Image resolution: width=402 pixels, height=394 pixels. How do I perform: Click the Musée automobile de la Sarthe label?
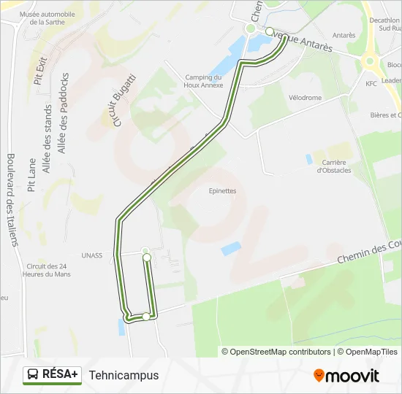tap(47, 18)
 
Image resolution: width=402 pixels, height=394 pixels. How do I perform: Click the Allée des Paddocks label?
tap(63, 112)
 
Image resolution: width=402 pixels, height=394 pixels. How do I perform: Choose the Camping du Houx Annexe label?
tap(203, 81)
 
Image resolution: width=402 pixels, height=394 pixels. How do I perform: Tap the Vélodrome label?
tap(304, 97)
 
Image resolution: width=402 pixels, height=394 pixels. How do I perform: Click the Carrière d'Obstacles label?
tap(333, 166)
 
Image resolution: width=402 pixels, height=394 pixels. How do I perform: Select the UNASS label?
tap(92, 255)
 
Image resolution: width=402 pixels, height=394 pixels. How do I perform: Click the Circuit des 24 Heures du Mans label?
tap(48, 270)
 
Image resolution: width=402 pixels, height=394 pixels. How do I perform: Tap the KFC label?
tap(371, 84)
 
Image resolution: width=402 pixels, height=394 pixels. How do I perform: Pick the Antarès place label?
tap(344, 35)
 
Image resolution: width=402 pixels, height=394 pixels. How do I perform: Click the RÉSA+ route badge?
tap(52, 375)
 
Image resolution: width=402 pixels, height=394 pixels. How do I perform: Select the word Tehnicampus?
tap(124, 376)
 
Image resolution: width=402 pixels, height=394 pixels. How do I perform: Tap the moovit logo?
tap(346, 376)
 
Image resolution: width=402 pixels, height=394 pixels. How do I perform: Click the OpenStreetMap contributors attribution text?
tap(276, 352)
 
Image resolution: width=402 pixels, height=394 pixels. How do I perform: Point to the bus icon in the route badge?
tap(34, 375)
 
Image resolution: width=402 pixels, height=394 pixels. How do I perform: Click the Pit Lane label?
tap(31, 175)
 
